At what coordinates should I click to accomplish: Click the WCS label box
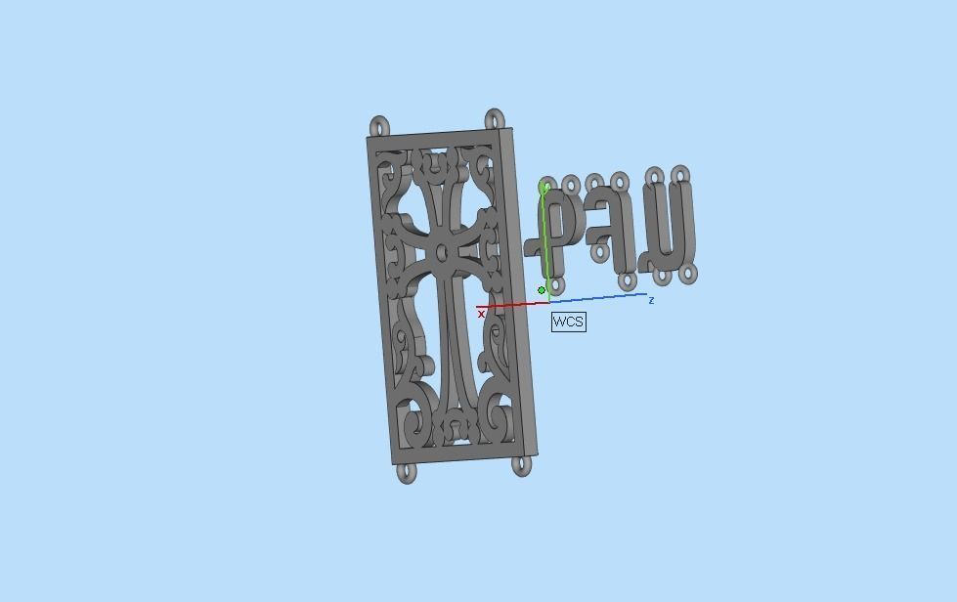click(568, 322)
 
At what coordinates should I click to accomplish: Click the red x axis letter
click(481, 315)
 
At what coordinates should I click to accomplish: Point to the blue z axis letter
click(651, 301)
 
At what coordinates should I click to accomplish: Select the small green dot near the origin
click(542, 290)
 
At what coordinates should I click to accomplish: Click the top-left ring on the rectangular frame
click(379, 126)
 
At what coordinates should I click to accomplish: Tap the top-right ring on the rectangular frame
click(496, 119)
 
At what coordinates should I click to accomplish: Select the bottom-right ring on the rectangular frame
click(521, 465)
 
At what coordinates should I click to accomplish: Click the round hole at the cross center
click(442, 253)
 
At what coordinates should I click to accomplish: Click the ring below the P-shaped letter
click(555, 285)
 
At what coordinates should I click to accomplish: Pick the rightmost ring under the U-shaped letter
click(690, 274)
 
